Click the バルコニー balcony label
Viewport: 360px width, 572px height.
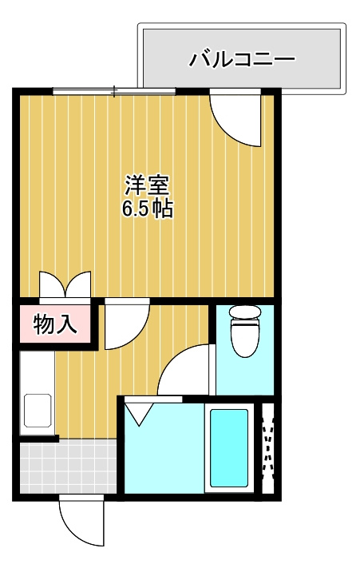point(242,59)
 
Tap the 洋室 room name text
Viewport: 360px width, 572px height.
point(147,185)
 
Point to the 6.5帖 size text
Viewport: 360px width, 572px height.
point(147,209)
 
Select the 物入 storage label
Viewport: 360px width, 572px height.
point(55,324)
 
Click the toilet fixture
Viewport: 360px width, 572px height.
point(245,331)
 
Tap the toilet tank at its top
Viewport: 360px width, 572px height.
point(245,312)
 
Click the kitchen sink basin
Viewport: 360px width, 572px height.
point(38,410)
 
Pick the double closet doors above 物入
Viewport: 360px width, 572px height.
point(65,285)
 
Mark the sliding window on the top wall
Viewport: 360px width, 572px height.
point(114,91)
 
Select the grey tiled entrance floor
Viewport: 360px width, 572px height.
point(68,467)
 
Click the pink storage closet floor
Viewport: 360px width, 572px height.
point(55,324)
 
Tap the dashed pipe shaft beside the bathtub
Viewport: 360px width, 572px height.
point(268,448)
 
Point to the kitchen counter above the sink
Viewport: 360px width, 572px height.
point(38,371)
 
